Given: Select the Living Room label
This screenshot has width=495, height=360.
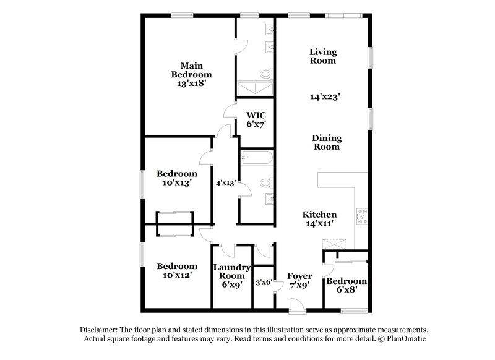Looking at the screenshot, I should tap(322, 56).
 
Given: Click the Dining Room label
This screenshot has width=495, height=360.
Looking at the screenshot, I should tap(326, 142).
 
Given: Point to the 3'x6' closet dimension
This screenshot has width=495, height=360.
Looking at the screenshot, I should tap(264, 282).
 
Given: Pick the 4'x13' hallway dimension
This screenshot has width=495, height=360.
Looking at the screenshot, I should tap(225, 183).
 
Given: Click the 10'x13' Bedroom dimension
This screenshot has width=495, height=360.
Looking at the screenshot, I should tap(176, 183).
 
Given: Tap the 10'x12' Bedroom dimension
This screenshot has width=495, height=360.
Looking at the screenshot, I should tap(176, 275).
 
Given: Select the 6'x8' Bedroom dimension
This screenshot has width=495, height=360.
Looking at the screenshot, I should tap(346, 288).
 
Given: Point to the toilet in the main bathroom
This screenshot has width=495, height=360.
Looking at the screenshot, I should tap(265, 74).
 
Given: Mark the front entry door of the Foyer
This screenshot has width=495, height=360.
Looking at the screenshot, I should tap(298, 305).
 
